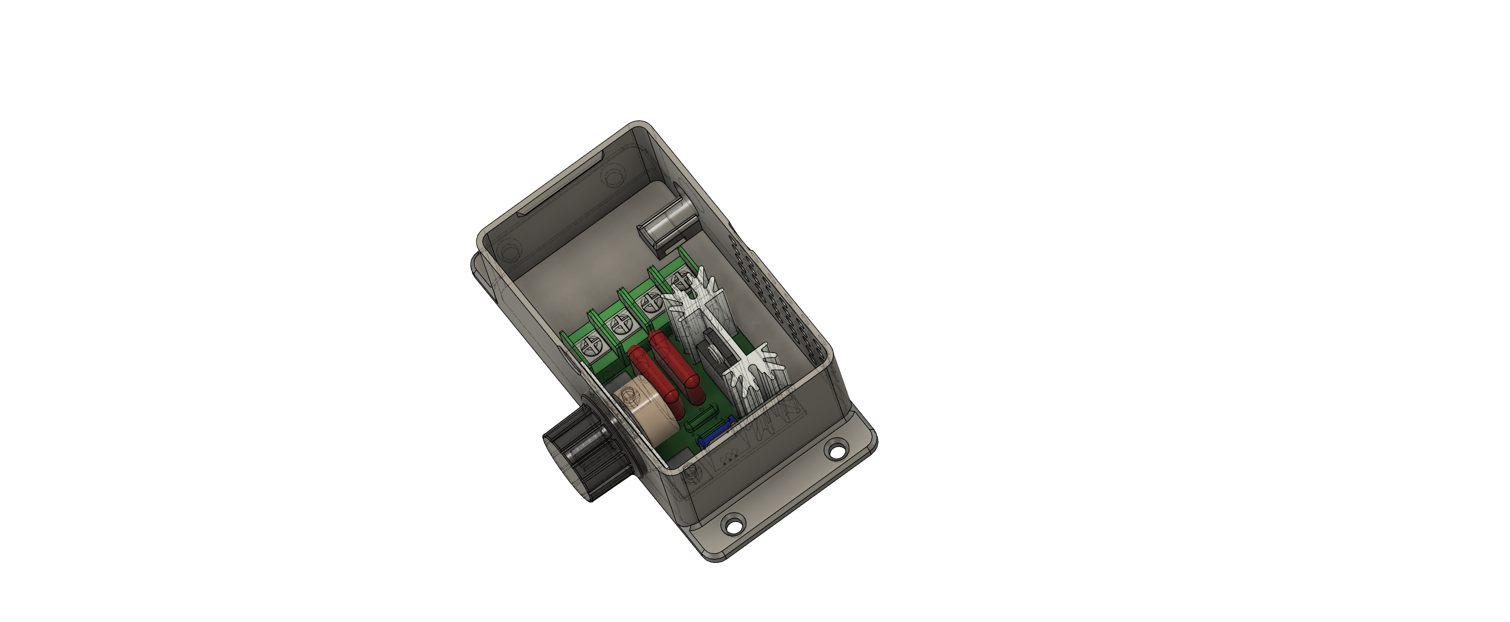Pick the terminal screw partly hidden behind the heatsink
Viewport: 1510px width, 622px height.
pyautogui.click(x=680, y=280)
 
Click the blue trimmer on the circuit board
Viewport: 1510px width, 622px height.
pyautogui.click(x=715, y=434)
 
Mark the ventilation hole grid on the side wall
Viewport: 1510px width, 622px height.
pyautogui.click(x=774, y=293)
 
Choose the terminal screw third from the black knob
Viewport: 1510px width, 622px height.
pyautogui.click(x=651, y=303)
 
